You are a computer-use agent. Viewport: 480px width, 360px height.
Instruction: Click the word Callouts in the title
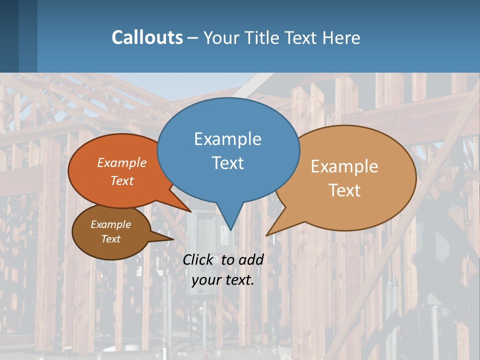tap(147, 37)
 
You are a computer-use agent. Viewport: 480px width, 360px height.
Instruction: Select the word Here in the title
tap(341, 37)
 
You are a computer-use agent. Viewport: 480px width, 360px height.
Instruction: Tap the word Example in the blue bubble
tap(227, 138)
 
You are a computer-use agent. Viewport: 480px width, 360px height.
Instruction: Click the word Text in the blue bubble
tap(227, 162)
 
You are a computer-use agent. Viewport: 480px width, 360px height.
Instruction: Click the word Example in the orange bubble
tap(121, 162)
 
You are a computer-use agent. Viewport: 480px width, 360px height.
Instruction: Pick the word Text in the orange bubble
tap(121, 180)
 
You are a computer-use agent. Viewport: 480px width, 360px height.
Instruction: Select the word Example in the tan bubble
tap(344, 166)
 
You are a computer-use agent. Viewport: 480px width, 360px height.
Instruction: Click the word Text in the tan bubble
tap(344, 190)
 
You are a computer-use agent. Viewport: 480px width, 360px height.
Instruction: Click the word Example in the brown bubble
tap(110, 224)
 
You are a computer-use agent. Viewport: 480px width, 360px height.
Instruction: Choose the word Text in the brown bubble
tap(110, 239)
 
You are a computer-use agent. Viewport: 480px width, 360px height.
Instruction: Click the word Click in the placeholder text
tap(197, 259)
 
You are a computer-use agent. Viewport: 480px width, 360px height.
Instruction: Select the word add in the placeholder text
tap(250, 259)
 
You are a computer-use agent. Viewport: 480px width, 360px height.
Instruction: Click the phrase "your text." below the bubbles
tap(223, 279)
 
